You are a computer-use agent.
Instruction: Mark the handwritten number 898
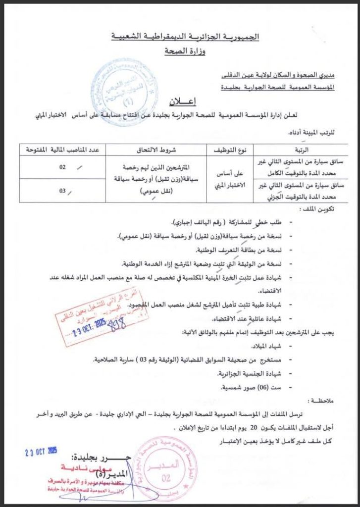point(117,325)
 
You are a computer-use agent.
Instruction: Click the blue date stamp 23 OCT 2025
point(42,451)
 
